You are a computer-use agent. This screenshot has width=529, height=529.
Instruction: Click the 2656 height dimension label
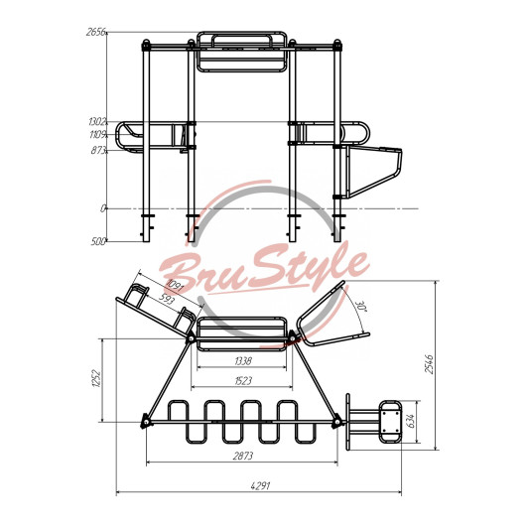(x=96, y=32)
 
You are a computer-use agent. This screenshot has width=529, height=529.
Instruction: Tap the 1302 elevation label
(x=97, y=121)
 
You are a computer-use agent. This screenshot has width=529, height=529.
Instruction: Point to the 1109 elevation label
(x=98, y=135)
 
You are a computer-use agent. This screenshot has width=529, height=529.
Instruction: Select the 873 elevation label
(x=98, y=150)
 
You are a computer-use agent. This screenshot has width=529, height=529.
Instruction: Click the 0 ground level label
(x=103, y=208)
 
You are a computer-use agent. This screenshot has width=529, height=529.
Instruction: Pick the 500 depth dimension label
(x=98, y=241)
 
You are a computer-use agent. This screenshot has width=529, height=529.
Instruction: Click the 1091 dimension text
(x=174, y=286)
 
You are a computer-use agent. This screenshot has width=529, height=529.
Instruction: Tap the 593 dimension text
(x=166, y=298)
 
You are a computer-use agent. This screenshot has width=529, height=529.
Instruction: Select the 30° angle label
(x=361, y=307)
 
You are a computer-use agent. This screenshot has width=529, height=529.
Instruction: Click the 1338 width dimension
(x=243, y=361)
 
